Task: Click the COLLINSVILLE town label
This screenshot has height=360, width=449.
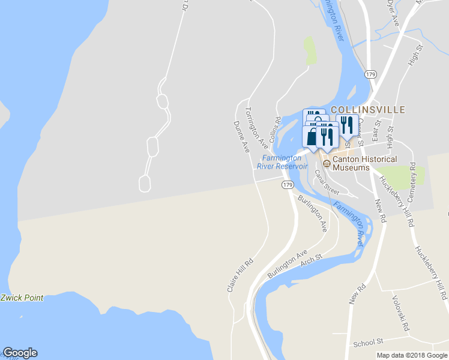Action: (368, 110)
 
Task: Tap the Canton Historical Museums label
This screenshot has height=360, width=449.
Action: (364, 163)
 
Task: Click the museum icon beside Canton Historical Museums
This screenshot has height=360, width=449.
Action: (327, 163)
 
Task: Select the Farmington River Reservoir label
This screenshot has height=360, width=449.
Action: (282, 162)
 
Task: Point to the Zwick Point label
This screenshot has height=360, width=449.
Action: (22, 298)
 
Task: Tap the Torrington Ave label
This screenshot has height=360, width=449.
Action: (256, 127)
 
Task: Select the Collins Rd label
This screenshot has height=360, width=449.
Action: (277, 127)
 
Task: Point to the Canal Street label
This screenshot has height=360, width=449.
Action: (327, 181)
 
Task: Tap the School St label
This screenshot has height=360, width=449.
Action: (368, 342)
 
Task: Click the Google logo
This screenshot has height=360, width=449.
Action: (20, 353)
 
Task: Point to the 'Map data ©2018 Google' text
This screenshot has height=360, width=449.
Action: (412, 355)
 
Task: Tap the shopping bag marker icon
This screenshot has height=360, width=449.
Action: (310, 137)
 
